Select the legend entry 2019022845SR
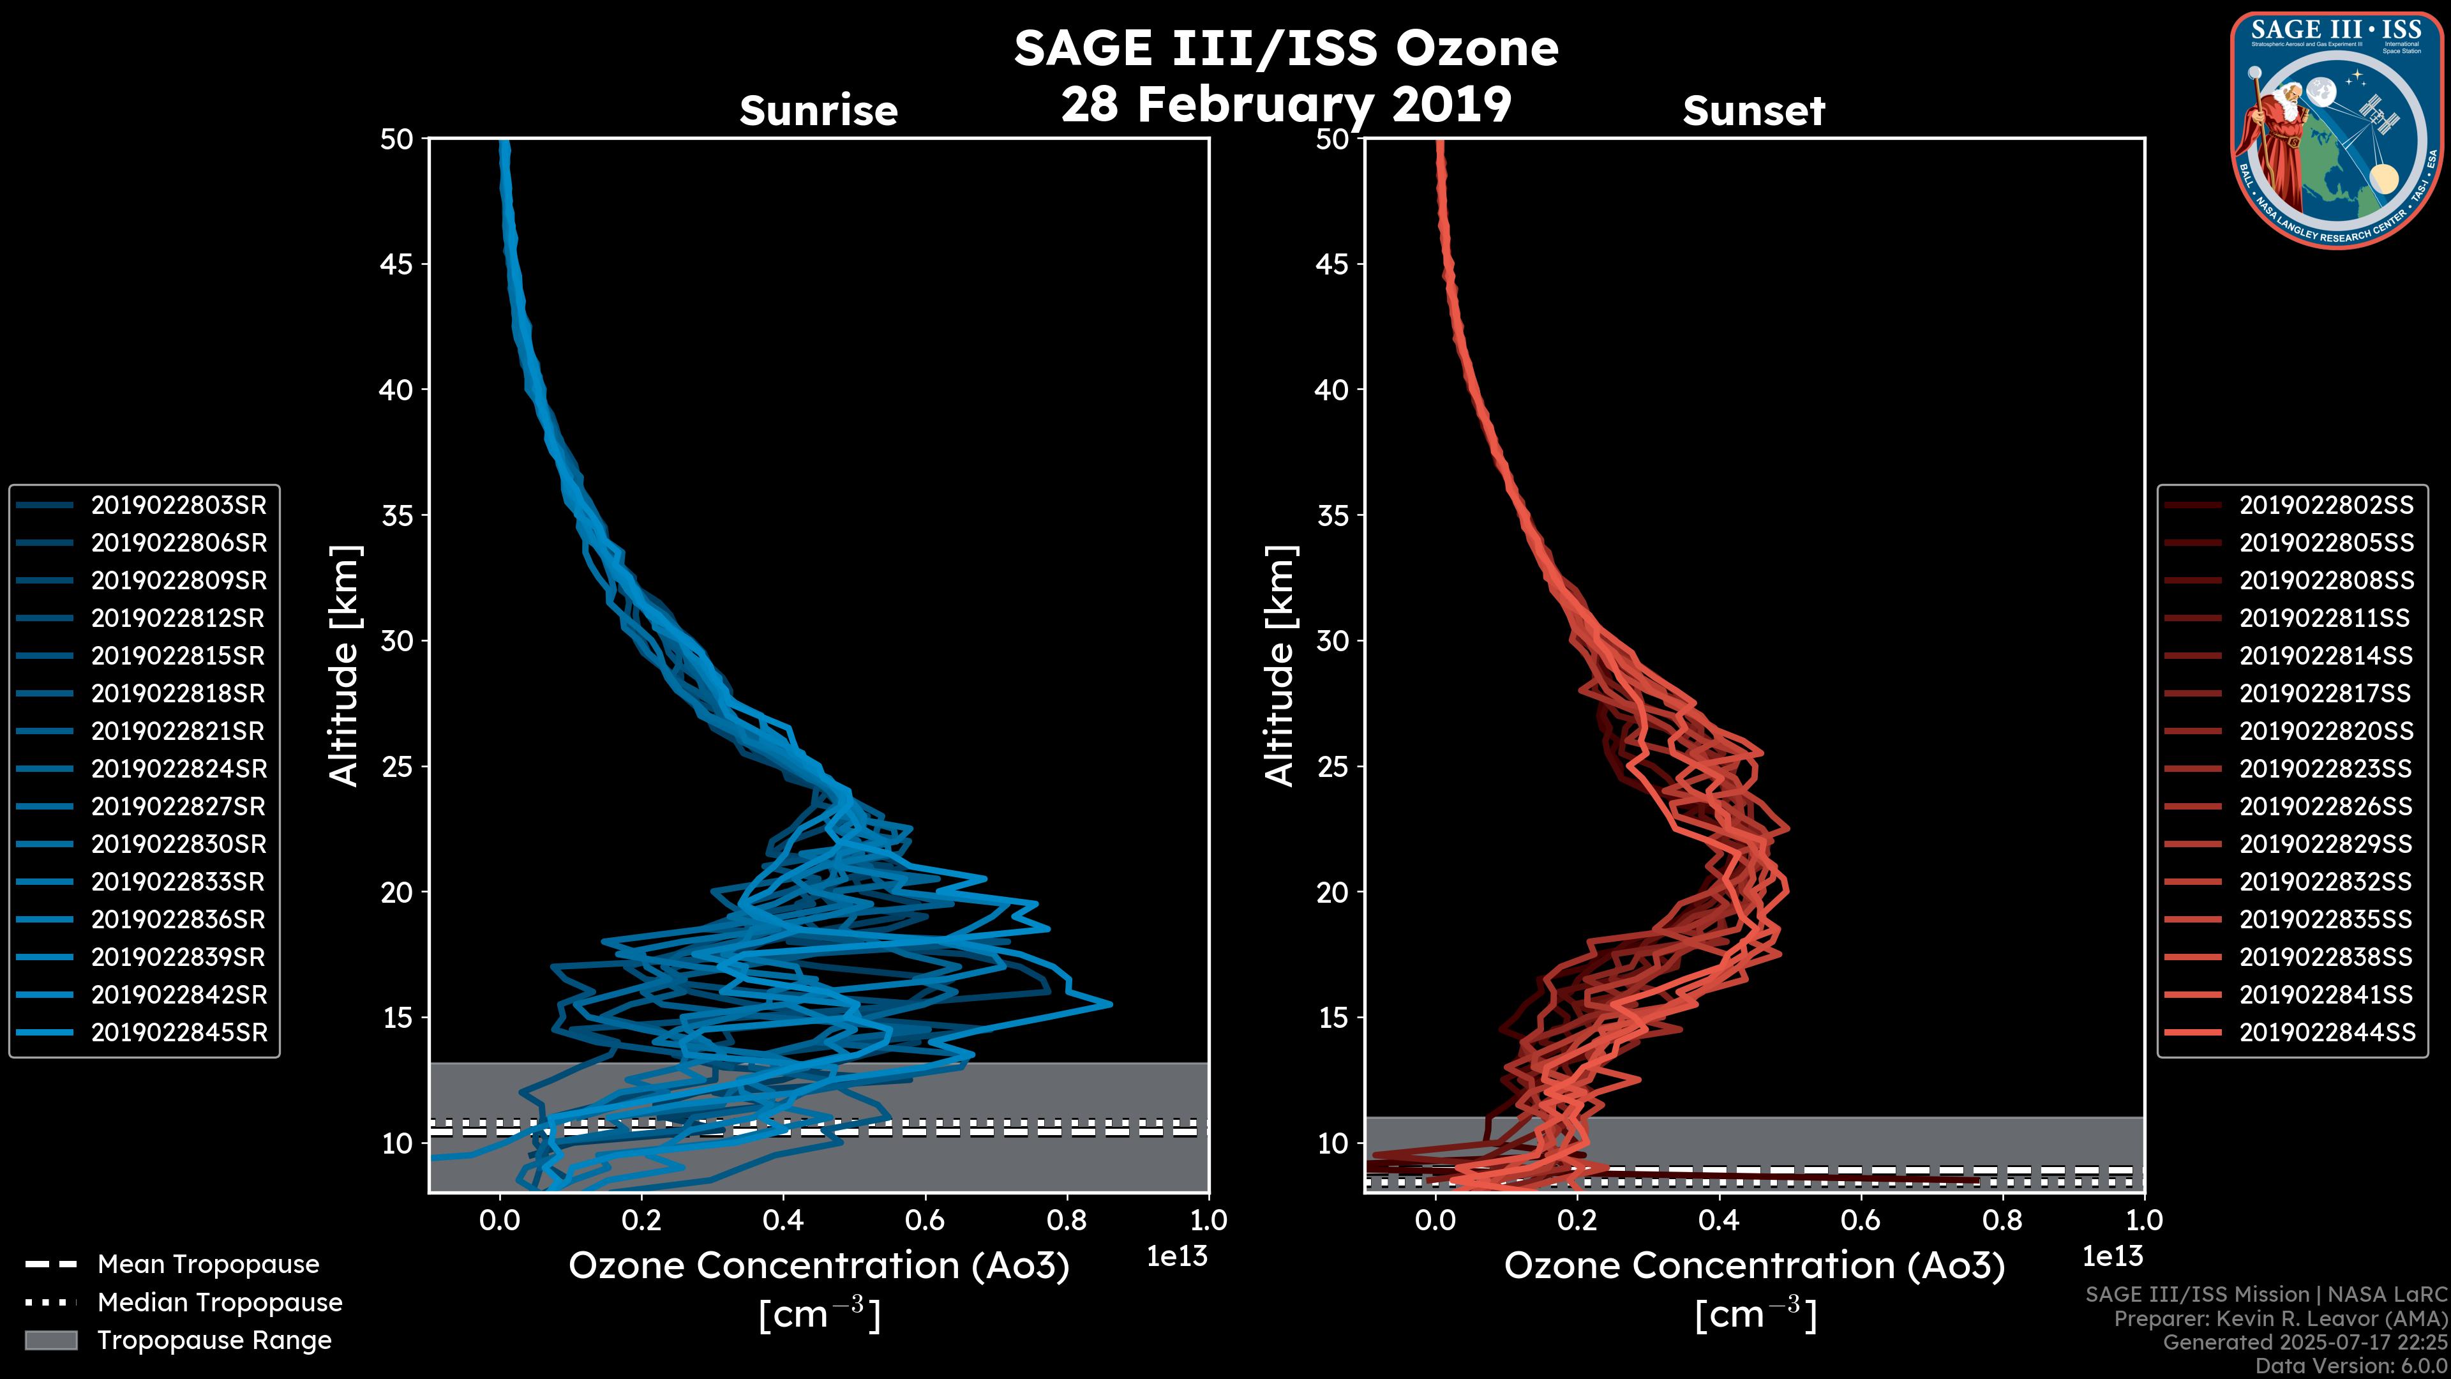pyautogui.click(x=178, y=1032)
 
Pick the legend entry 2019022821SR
pyautogui.click(x=178, y=731)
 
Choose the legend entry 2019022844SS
pyautogui.click(x=2325, y=1032)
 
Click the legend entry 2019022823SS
pyautogui.click(x=2325, y=768)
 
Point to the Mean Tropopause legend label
pyautogui.click(x=208, y=1264)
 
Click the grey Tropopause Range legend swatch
pyautogui.click(x=50, y=1340)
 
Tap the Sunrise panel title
pyautogui.click(x=818, y=111)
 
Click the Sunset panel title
pyautogui.click(x=1753, y=111)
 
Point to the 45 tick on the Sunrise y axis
pyautogui.click(x=397, y=264)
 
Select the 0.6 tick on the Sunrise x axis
pyautogui.click(x=924, y=1220)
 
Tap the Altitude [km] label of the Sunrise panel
pyautogui.click(x=345, y=665)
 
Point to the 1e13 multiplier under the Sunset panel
pyautogui.click(x=2112, y=1256)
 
